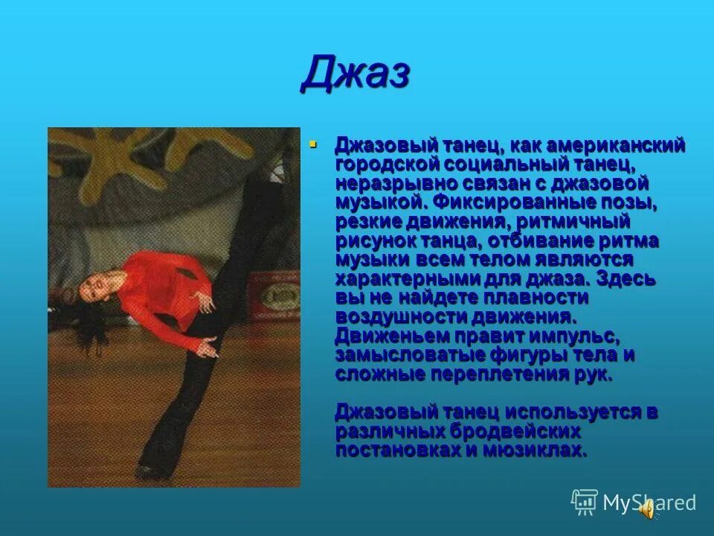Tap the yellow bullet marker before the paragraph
[x=312, y=143]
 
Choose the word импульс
[x=567, y=336]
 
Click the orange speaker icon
[x=648, y=510]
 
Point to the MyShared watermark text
[x=649, y=502]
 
